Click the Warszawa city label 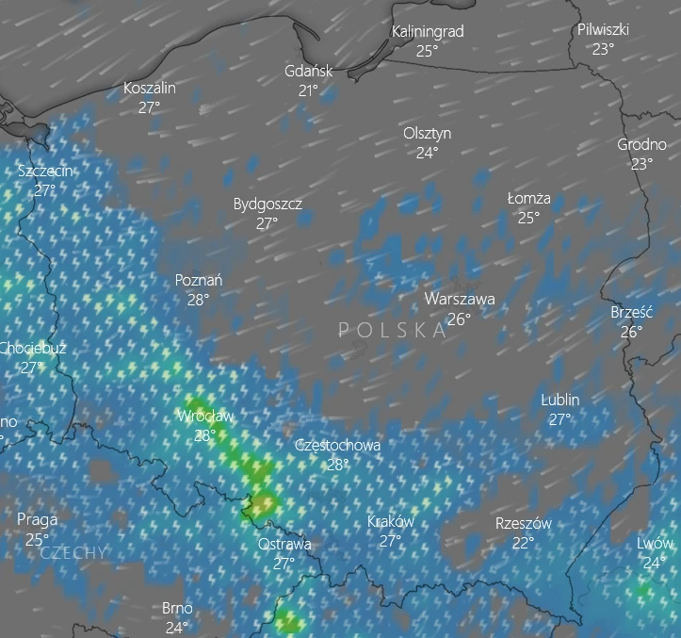click(x=459, y=299)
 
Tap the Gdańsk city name click(x=308, y=71)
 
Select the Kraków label click(x=390, y=521)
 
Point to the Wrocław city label click(x=205, y=416)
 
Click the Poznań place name click(x=199, y=280)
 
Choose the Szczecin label click(x=44, y=171)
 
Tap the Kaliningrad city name click(x=428, y=31)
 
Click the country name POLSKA click(x=393, y=330)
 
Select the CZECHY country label click(x=74, y=553)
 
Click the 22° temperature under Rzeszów click(x=523, y=543)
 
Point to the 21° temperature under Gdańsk click(x=308, y=90)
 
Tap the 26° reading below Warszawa click(x=459, y=319)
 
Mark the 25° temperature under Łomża click(x=528, y=218)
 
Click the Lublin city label click(x=560, y=400)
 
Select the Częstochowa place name click(x=337, y=445)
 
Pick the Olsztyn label click(x=427, y=133)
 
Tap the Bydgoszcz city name click(x=268, y=204)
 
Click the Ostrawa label click(x=284, y=544)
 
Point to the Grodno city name click(x=641, y=144)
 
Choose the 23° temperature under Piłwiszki click(x=603, y=49)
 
